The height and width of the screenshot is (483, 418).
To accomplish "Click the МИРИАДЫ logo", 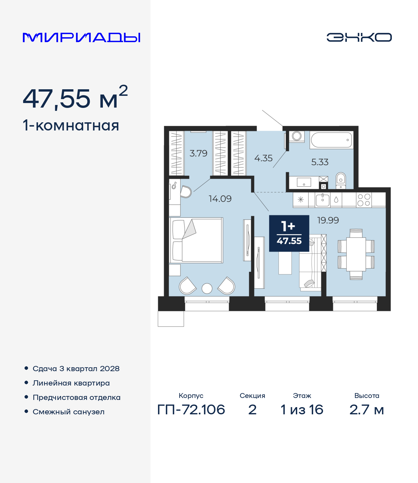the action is [81, 37].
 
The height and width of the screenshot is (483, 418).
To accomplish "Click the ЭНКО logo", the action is [359, 37].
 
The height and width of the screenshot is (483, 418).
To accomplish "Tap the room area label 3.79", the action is [198, 153].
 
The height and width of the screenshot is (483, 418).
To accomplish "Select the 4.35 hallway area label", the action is [263, 158].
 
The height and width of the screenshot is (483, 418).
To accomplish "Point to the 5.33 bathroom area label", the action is [320, 162].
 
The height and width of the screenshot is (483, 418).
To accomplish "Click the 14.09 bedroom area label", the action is [220, 198].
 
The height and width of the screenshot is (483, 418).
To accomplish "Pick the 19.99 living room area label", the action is [328, 220].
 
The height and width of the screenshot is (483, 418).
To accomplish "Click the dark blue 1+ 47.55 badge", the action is [289, 233].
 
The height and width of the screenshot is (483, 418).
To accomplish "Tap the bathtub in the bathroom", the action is [331, 140].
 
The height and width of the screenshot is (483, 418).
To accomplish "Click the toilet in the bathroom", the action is [341, 181].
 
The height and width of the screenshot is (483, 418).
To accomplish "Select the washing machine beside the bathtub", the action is [297, 136].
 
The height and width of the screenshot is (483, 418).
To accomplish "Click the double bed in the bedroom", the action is [196, 240].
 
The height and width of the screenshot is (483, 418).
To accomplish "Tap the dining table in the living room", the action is [356, 254].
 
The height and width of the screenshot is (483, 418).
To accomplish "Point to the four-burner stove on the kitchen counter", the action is [364, 200].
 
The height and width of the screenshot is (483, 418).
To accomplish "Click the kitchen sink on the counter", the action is [323, 200].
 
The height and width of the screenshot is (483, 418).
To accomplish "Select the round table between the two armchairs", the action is [207, 288].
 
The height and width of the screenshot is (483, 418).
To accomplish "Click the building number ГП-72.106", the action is [191, 410].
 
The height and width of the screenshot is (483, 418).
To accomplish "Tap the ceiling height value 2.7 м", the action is [366, 410].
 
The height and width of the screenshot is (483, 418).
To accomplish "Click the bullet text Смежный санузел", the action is [69, 412].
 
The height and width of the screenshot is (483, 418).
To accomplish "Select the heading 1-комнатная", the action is [71, 126].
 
